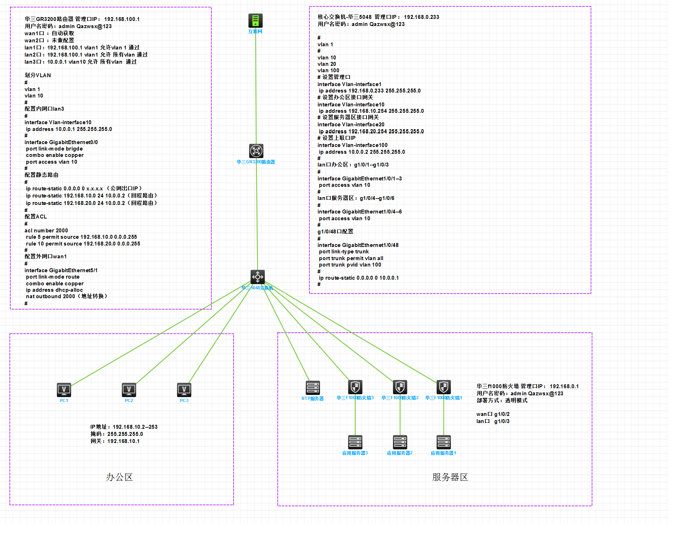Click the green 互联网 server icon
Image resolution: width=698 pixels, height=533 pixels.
[255, 21]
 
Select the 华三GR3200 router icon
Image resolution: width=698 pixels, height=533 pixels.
[256, 151]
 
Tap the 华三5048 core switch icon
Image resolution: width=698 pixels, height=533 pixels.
[257, 276]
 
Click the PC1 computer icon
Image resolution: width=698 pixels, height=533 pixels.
[64, 390]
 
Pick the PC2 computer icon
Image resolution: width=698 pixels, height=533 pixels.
[129, 390]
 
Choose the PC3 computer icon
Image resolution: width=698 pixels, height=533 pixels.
[184, 390]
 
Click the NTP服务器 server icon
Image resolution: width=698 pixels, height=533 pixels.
[313, 387]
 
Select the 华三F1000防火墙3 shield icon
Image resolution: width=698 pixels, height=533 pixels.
[355, 387]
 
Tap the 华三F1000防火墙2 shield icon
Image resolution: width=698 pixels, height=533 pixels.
[400, 387]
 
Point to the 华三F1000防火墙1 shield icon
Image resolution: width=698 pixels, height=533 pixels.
[444, 387]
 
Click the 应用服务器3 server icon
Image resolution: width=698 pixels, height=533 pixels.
[355, 442]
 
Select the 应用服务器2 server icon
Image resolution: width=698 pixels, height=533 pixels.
[400, 442]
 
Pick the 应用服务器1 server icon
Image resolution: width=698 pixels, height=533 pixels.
[444, 442]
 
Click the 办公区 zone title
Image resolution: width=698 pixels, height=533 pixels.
[119, 477]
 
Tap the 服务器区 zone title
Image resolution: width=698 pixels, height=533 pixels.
[450, 477]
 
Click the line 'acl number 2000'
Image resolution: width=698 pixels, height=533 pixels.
[46, 231]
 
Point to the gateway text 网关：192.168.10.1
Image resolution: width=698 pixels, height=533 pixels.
[115, 441]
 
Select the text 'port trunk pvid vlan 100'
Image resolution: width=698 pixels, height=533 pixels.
[350, 265]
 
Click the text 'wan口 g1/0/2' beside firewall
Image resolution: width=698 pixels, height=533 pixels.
[493, 414]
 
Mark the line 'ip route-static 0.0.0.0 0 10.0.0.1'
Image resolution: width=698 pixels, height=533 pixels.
[358, 278]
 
